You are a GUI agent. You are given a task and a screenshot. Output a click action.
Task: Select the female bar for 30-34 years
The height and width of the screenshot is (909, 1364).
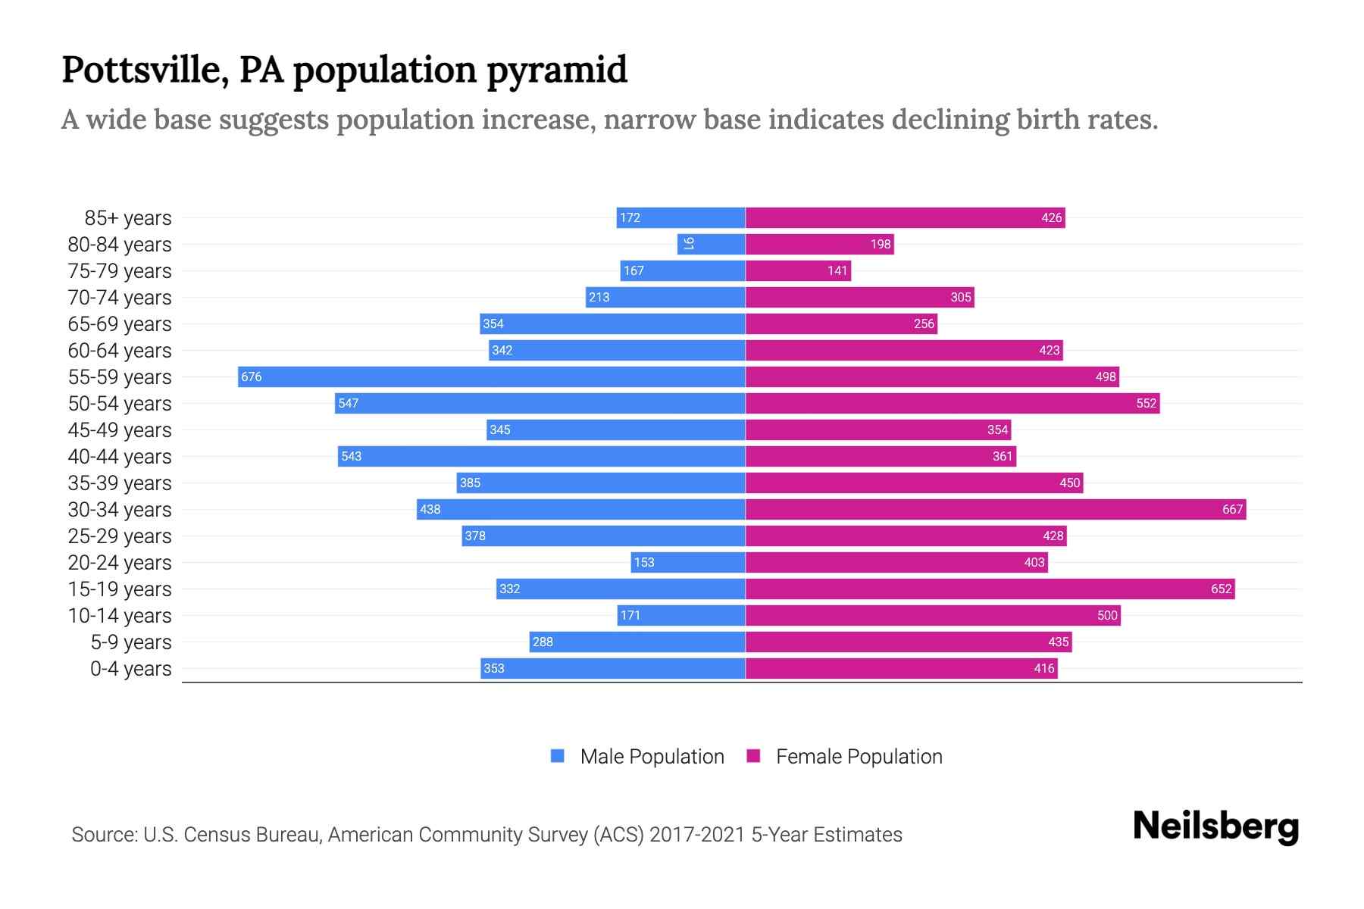coord(996,509)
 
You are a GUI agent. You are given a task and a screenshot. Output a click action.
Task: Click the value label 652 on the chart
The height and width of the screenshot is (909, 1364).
coord(1221,589)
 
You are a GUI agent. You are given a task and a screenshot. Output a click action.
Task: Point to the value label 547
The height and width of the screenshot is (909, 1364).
coord(349,403)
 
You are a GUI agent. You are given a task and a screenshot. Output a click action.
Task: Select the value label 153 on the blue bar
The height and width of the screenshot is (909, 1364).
coord(644,562)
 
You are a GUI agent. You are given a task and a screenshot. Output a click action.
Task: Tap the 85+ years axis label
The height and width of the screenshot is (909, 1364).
coord(128,218)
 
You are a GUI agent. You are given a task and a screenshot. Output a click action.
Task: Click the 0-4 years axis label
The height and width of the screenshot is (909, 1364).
coord(130,669)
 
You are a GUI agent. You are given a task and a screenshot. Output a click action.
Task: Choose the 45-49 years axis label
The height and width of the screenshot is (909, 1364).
coord(120,430)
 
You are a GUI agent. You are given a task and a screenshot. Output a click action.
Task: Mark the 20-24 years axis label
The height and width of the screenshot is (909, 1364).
coord(120,563)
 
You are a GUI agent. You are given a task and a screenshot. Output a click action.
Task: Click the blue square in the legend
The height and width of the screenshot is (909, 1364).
coord(558,756)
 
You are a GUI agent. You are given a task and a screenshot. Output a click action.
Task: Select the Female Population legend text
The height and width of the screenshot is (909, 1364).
coord(859,757)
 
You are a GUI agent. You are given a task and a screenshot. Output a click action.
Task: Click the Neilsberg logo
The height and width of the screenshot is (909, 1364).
coord(1215,826)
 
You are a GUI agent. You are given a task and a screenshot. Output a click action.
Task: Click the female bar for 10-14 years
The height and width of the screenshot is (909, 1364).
coord(932,615)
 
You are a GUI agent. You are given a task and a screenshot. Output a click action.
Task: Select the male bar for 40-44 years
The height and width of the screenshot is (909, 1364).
coord(542,456)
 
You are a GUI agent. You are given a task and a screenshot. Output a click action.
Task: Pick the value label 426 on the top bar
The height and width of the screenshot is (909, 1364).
coord(1051,217)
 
